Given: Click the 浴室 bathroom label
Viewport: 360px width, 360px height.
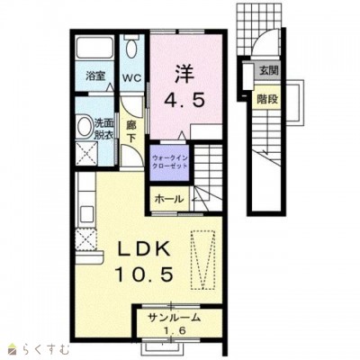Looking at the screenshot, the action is point(95,76).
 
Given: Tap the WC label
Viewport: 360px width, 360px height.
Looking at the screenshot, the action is point(131,78).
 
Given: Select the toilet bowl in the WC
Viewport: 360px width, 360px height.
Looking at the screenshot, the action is point(131,48).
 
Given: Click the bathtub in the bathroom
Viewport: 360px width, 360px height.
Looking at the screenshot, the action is point(94,48).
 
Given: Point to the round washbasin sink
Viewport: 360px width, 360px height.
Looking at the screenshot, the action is point(85,126).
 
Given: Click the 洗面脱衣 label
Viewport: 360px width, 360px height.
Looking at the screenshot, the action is point(104,129).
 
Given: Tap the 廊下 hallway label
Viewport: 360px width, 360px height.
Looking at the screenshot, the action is point(130,131).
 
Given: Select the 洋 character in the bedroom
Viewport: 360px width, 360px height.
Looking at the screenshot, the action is point(184,74).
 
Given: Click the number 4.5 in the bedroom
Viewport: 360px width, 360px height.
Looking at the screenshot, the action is point(184,100).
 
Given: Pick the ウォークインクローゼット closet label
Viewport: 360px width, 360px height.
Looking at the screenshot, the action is point(169,162).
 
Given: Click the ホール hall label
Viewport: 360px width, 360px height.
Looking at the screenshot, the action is point(168,199).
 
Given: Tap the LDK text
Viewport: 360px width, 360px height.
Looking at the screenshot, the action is point(144,248).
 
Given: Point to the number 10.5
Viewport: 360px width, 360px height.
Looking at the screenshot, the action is point(144,274).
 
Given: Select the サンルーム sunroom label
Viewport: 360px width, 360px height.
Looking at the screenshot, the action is point(174,318).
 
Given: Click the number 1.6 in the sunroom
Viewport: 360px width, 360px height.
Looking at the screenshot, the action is point(175,331).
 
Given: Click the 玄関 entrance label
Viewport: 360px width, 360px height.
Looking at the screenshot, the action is point(269,71).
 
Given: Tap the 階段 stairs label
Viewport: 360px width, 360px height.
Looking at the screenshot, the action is point(267,99).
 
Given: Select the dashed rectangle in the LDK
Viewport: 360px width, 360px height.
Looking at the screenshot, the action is point(203,260).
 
